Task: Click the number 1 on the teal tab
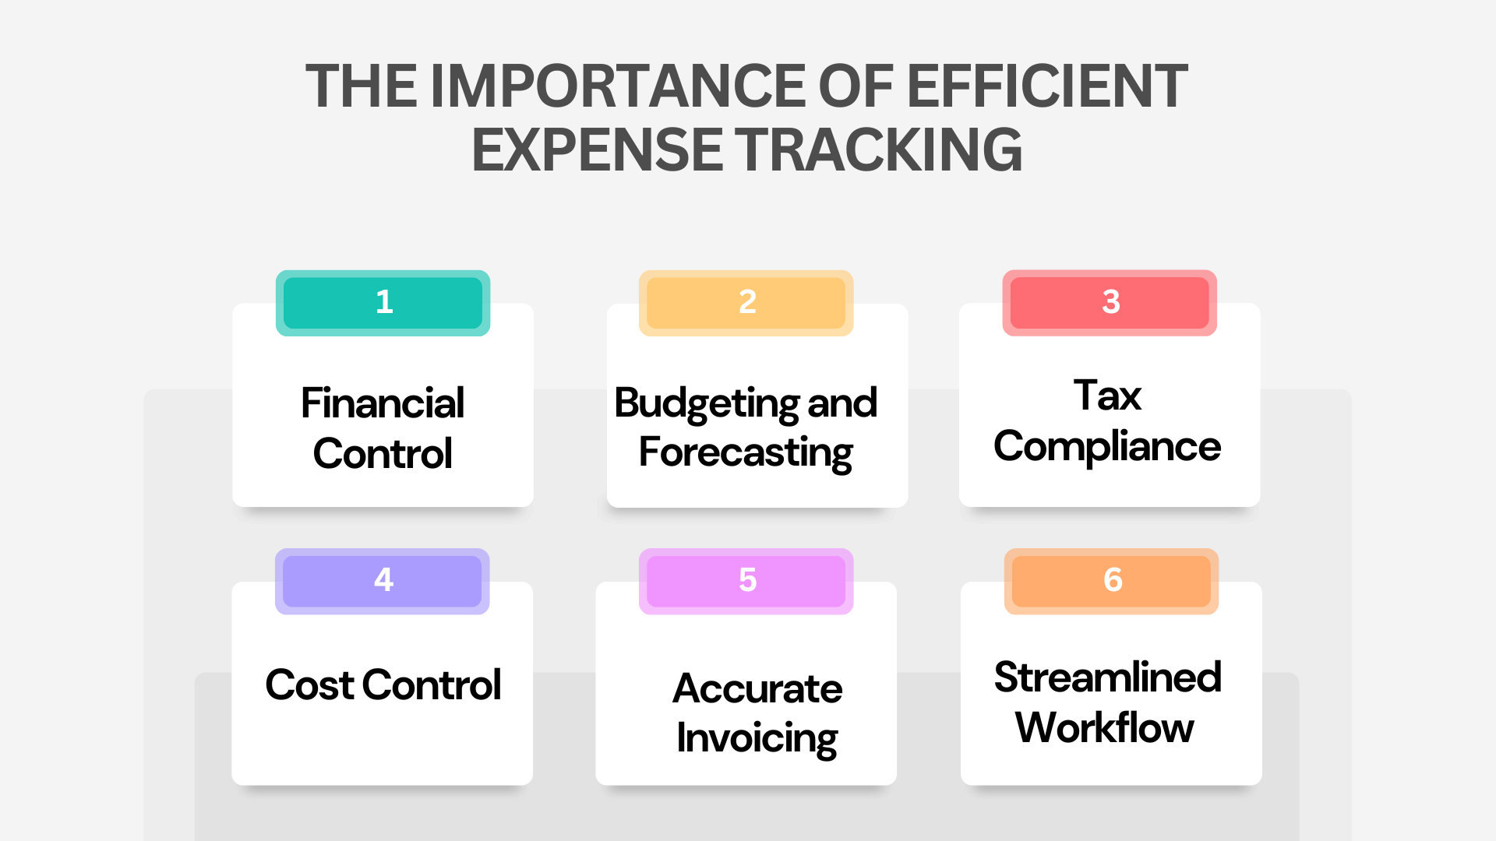[384, 302]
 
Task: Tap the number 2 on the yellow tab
[747, 302]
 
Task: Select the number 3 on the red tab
[1111, 302]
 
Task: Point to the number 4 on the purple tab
[383, 580]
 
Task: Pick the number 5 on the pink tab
[747, 580]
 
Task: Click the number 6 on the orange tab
[1113, 580]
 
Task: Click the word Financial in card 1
[383, 403]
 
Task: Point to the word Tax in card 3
[1107, 396]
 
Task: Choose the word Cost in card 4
[309, 685]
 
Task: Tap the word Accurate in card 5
[757, 689]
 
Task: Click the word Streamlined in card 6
[1107, 677]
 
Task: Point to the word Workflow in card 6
[1104, 728]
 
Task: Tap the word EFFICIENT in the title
[1047, 86]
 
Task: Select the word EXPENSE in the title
[597, 150]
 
